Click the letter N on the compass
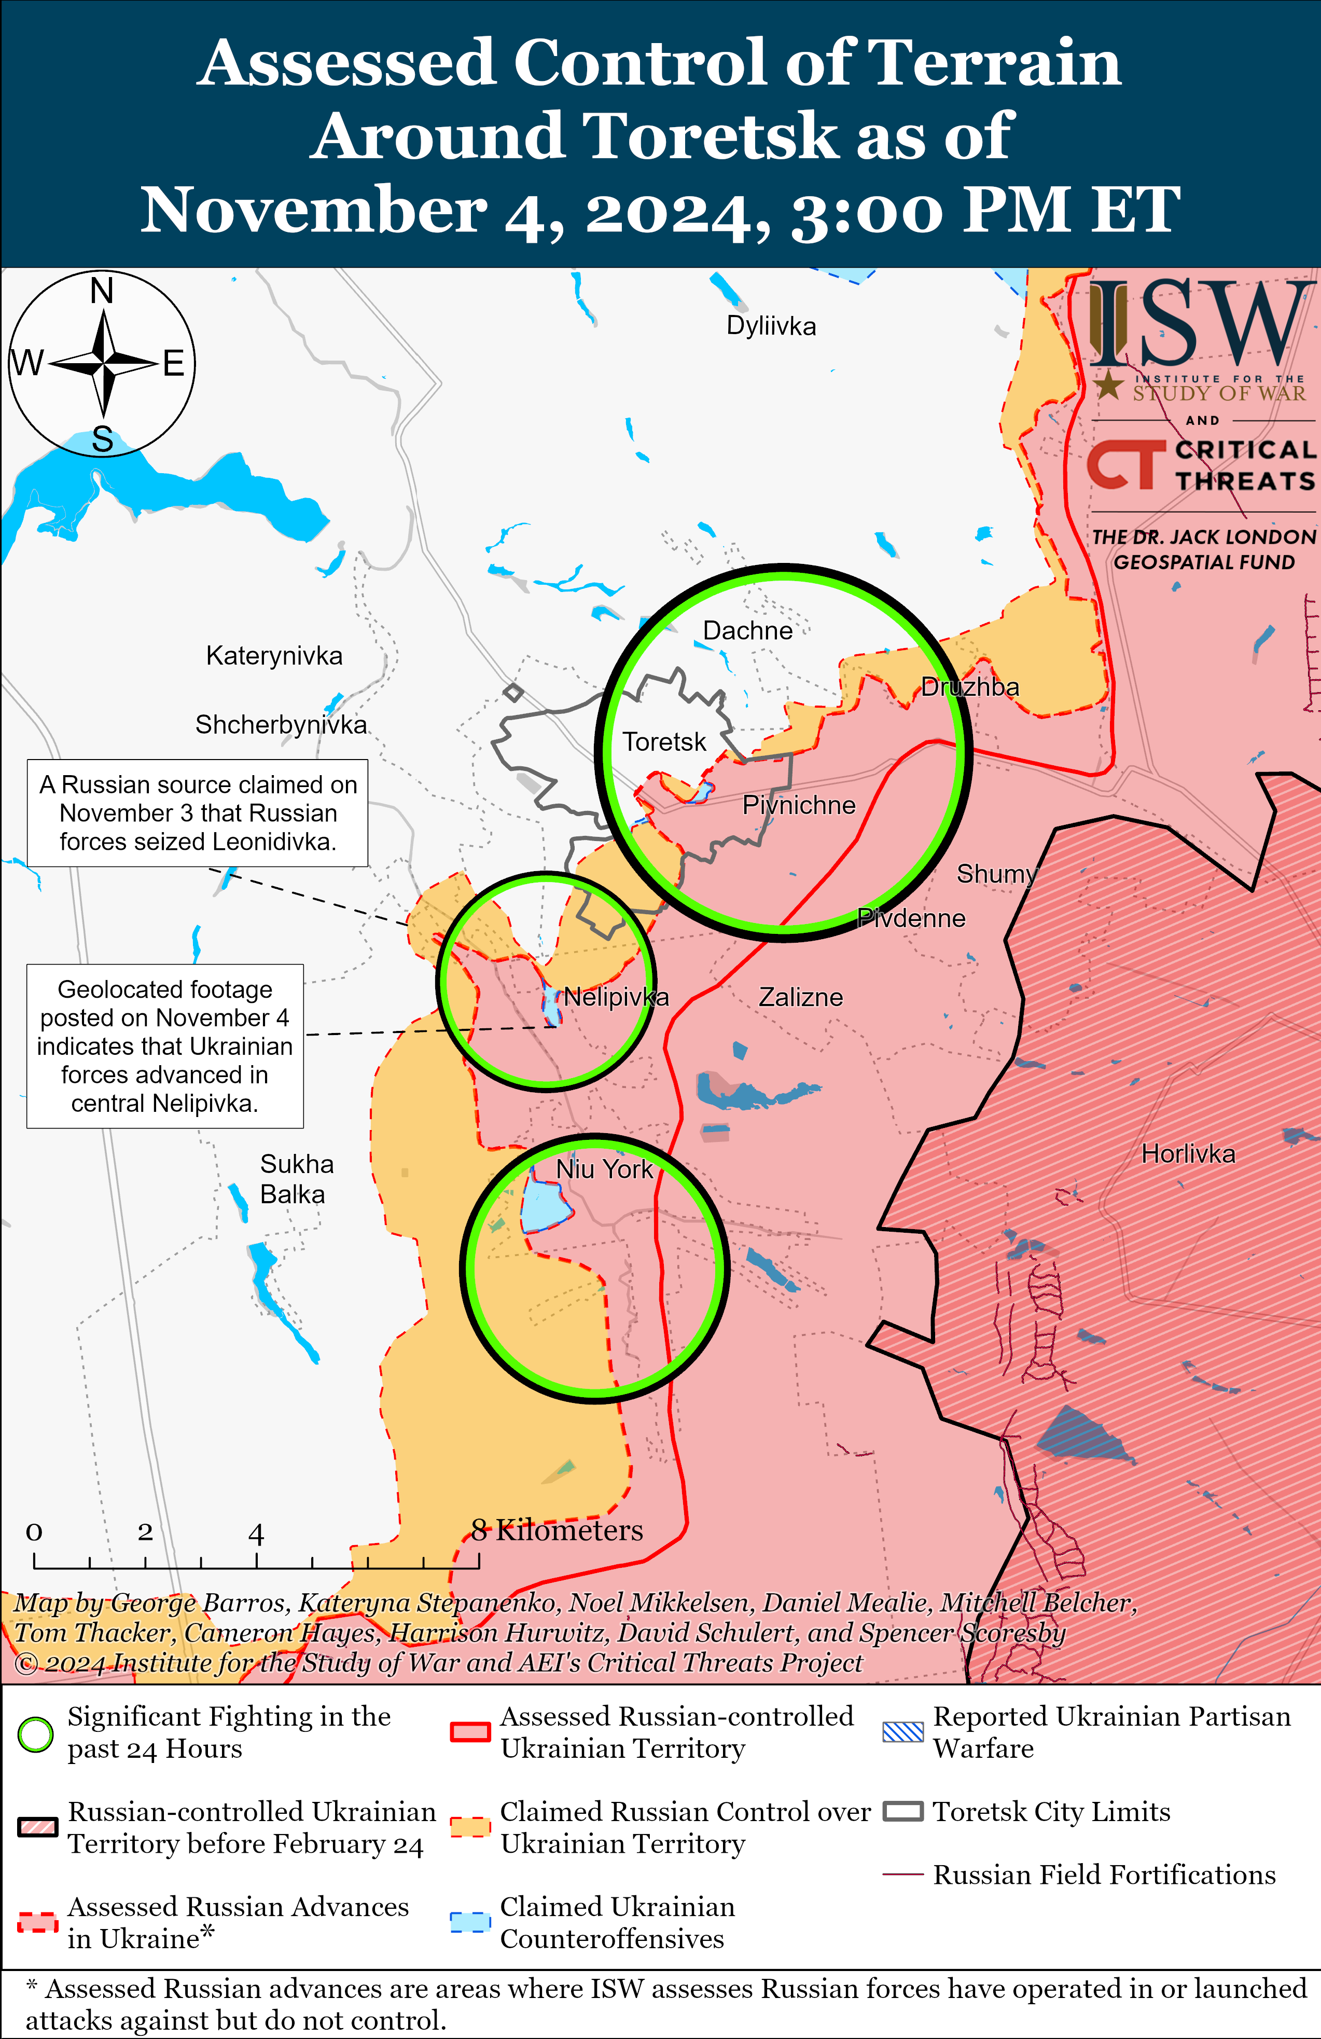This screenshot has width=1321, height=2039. pyautogui.click(x=102, y=291)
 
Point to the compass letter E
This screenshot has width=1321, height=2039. pyautogui.click(x=174, y=364)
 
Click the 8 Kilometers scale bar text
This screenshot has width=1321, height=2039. pyautogui.click(x=557, y=1530)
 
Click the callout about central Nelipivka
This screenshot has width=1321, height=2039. pyautogui.click(x=164, y=1045)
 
